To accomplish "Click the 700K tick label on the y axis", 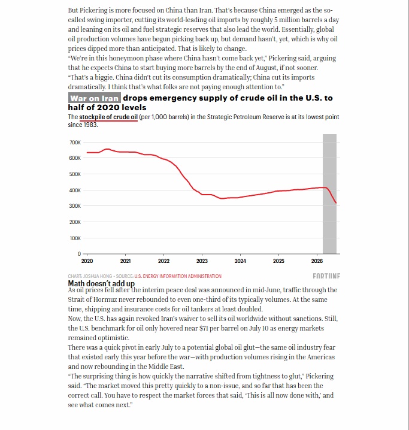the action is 75,143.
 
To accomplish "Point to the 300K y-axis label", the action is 75,206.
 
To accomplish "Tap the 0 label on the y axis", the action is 79,254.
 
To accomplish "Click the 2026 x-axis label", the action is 317,261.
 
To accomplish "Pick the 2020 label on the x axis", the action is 87,261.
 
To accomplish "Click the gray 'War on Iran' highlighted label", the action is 94,98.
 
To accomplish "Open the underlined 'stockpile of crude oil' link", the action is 108,117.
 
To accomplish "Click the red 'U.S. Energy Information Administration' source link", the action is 178,276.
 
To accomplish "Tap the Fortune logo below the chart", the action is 326,276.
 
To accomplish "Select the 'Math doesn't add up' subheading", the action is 101,283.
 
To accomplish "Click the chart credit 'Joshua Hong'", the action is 98,276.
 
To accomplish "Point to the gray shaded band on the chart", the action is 329,194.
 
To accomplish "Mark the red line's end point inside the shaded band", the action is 336,203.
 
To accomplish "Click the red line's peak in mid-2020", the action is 107,149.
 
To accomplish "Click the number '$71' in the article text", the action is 204,328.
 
